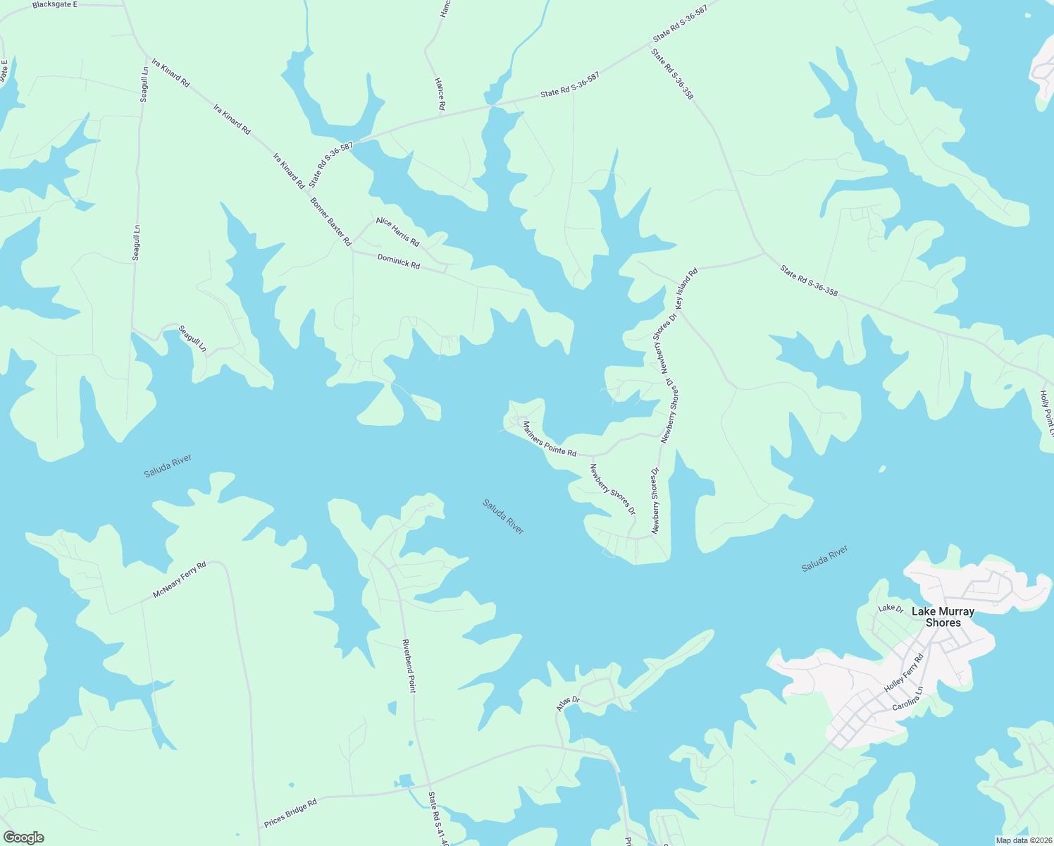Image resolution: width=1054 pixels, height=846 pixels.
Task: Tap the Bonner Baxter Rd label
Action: [x=330, y=221]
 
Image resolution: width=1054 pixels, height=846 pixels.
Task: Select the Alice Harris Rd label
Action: [x=397, y=232]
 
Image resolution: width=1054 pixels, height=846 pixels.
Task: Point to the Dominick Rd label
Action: [x=398, y=262]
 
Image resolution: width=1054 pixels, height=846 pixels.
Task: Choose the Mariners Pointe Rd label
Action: [x=549, y=439]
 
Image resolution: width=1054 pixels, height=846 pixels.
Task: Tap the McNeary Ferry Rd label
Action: [x=180, y=580]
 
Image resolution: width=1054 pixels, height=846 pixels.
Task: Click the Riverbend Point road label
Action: [x=408, y=666]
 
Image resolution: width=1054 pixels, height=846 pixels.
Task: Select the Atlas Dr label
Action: [x=568, y=704]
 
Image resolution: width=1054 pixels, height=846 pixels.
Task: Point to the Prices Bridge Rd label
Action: [x=290, y=813]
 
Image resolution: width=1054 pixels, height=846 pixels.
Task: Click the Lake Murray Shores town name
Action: [x=943, y=617]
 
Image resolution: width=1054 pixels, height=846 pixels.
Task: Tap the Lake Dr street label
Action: [x=890, y=608]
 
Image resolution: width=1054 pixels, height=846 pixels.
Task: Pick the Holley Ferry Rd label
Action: [x=903, y=674]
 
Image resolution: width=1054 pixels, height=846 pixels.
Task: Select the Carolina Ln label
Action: [x=907, y=710]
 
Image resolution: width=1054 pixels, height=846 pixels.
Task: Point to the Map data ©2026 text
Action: [x=1023, y=840]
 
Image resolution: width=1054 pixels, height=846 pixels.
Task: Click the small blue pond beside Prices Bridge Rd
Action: [x=404, y=780]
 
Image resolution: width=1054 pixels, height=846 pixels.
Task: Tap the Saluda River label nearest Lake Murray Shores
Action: [x=824, y=558]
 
